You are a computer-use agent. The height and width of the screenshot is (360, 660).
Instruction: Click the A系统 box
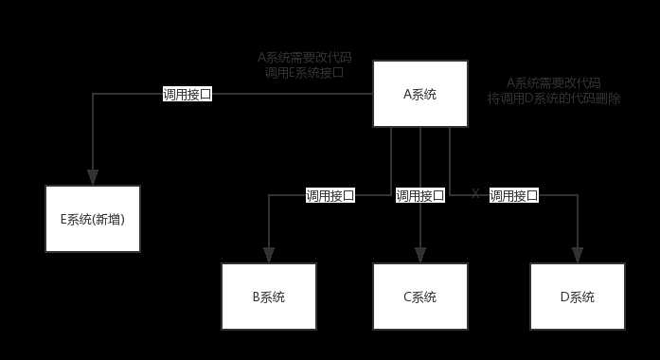point(419,94)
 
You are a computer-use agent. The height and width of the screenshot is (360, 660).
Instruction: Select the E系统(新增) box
point(93,219)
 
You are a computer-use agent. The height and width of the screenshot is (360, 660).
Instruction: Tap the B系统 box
point(268,297)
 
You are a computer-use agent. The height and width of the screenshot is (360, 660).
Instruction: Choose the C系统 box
point(419,297)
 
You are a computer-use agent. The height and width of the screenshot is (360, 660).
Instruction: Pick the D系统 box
point(577,297)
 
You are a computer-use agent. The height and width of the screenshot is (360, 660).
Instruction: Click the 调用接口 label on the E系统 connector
point(187,94)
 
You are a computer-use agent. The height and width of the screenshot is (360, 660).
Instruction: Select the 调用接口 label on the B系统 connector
point(330,196)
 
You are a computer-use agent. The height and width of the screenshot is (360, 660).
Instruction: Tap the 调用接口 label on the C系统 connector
point(419,196)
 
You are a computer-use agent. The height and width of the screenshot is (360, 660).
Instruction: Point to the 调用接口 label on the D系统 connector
point(513,196)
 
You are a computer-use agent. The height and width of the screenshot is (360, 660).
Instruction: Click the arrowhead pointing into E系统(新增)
point(93,177)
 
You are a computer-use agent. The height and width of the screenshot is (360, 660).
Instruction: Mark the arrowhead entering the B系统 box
point(269,255)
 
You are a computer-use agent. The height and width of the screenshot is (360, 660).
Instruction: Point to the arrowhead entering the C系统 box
point(420,255)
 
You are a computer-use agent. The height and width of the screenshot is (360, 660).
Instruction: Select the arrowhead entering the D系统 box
point(577,255)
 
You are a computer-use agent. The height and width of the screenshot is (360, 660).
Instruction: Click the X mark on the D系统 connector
point(475,194)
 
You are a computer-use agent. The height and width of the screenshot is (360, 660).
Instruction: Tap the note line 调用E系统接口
point(304,71)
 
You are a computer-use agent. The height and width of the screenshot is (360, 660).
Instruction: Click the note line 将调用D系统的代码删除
point(554,98)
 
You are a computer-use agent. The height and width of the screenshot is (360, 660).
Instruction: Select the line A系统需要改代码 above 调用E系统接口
point(304,57)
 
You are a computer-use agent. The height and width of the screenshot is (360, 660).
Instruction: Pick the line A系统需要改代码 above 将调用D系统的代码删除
point(554,82)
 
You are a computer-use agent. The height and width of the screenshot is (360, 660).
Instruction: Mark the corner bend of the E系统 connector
point(93,94)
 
